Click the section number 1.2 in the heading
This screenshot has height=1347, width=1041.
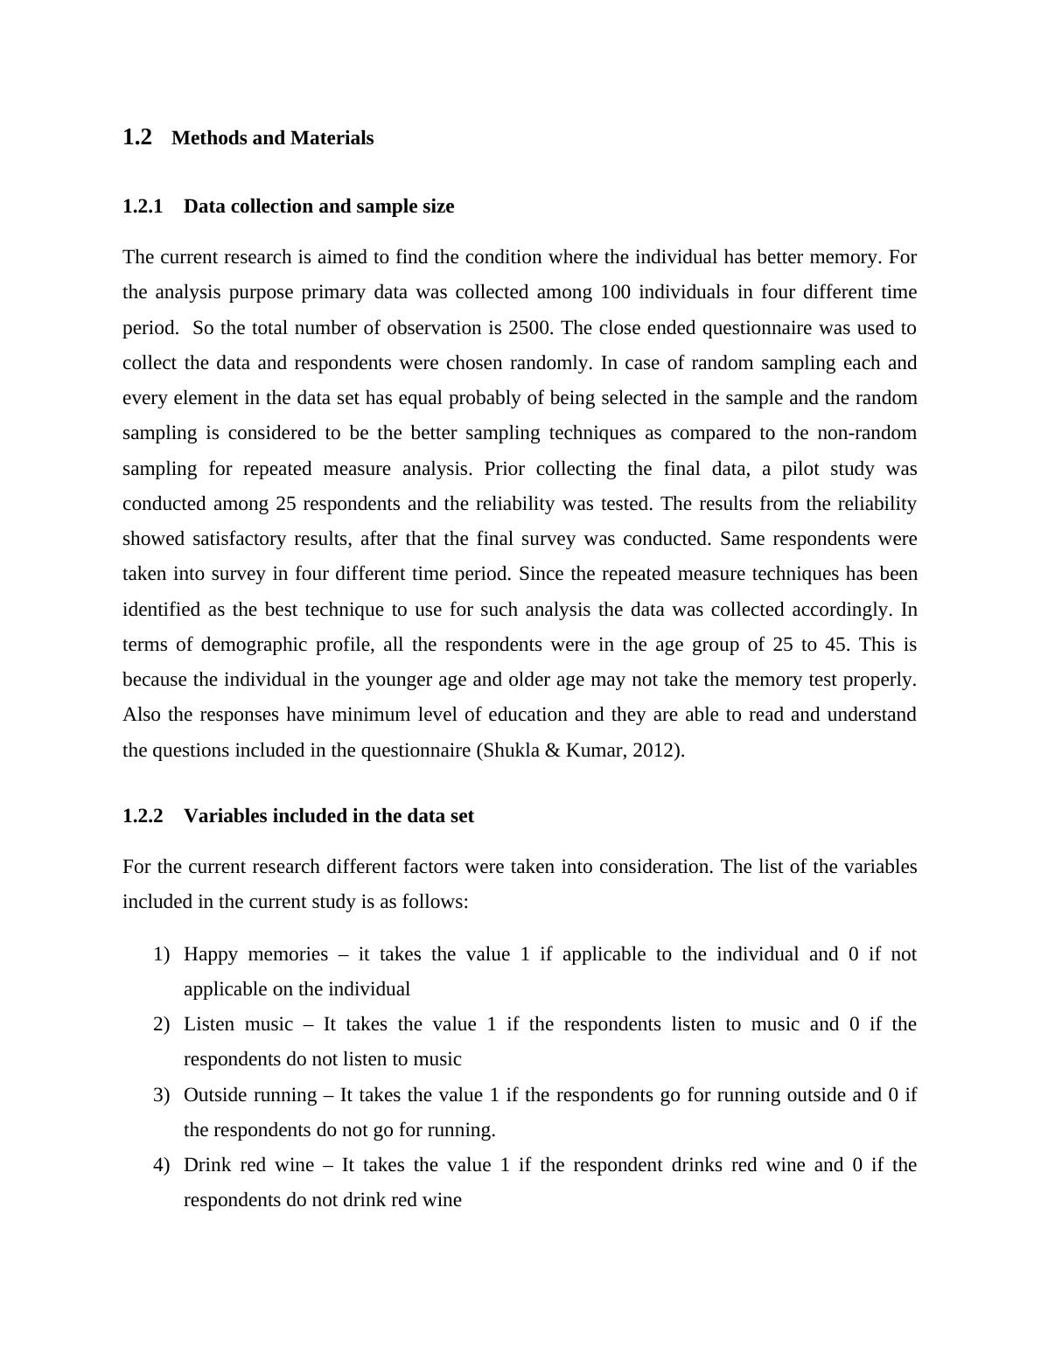137,137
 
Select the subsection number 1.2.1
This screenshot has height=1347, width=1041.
143,206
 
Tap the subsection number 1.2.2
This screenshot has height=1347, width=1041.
143,816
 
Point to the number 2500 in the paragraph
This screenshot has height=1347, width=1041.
530,328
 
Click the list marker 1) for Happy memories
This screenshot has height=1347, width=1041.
161,954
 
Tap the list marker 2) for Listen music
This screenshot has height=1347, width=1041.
161,1024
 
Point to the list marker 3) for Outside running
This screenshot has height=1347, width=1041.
161,1095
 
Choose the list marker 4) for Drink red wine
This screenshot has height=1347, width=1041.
161,1165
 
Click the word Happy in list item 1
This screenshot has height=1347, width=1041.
210,954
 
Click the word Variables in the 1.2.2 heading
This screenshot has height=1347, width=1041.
223,816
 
